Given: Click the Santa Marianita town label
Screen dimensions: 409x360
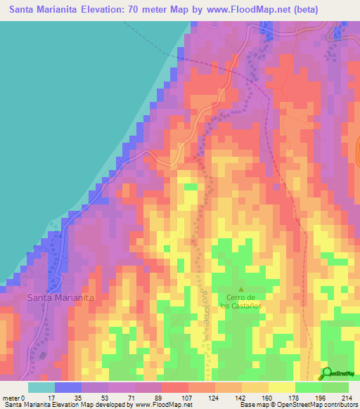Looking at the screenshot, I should point(60,297).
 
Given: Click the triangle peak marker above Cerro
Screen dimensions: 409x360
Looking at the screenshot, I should point(241,288).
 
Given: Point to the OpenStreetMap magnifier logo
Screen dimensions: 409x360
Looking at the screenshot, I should point(327,373).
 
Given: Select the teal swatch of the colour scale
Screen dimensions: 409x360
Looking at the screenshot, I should point(41,387).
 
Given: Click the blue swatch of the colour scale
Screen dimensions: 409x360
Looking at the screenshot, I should point(68,387).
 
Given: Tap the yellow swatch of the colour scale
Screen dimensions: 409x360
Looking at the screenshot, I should point(282,387).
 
